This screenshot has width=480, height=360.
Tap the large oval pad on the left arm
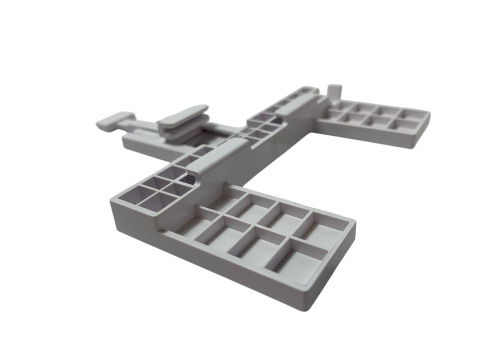click(182, 115)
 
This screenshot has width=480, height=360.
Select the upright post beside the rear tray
click(334, 92)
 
